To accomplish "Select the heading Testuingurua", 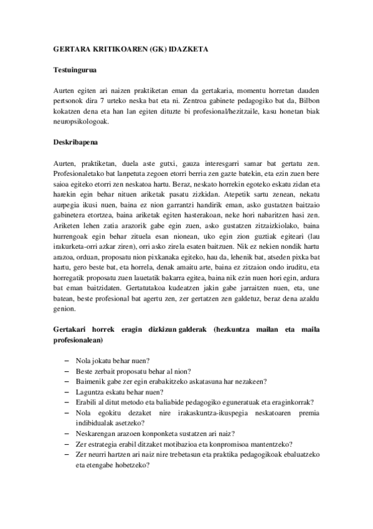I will click(x=73, y=72).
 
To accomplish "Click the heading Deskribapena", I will click(x=74, y=142).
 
